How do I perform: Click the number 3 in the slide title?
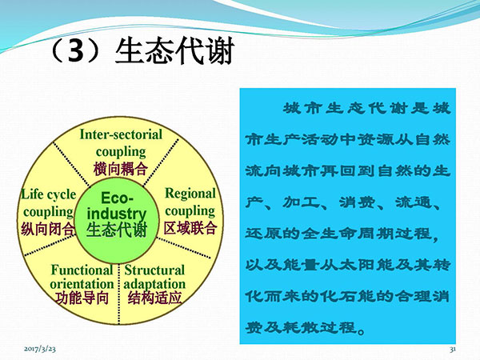76,51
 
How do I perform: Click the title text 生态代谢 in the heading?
174,51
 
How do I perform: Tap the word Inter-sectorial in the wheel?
121,134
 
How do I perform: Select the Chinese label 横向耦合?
121,169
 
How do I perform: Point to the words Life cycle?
48,194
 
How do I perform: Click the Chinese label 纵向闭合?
48,229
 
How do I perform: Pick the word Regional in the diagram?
190,194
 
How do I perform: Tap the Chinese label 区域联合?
190,228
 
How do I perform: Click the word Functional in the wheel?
82,270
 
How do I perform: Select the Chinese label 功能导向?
82,298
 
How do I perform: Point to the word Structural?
154,270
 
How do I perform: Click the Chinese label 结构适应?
154,298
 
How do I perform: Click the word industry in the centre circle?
117,214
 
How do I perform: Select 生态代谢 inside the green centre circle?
117,230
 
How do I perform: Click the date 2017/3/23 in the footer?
40,349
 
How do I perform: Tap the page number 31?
453,349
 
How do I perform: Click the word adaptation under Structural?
154,284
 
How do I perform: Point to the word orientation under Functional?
82,284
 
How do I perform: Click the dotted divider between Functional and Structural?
118,294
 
